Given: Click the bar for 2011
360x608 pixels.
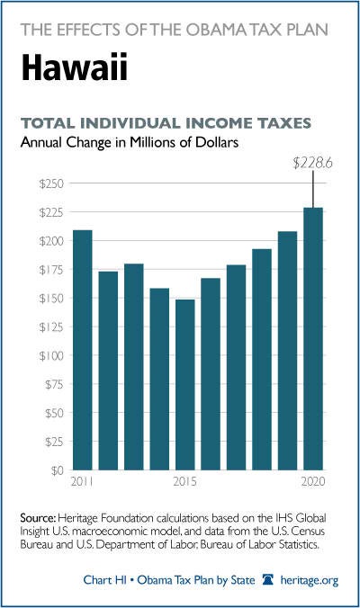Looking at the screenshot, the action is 83,350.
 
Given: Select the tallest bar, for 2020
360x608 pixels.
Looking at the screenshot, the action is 313,338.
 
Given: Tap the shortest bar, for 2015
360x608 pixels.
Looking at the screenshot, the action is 185,385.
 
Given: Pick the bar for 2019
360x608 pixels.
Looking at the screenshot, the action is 287,351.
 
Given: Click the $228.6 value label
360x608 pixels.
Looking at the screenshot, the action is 312,164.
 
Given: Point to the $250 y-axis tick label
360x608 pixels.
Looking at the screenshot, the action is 50,183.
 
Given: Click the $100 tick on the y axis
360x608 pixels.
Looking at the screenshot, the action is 50,355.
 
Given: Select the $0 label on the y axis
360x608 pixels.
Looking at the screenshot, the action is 56,470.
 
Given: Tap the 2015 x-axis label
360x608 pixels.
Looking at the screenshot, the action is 185,481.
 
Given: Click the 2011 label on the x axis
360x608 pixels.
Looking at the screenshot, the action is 82,481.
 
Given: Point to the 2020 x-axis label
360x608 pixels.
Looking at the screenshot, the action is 313,481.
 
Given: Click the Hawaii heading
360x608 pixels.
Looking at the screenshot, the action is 74,67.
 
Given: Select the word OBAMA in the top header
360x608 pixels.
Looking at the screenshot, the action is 215,30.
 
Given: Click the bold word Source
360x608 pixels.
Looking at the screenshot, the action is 39,518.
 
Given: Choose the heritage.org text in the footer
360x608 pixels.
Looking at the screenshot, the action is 310,580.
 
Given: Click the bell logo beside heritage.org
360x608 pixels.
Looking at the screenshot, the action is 267,580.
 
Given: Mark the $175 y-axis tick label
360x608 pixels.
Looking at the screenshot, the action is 50,270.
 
